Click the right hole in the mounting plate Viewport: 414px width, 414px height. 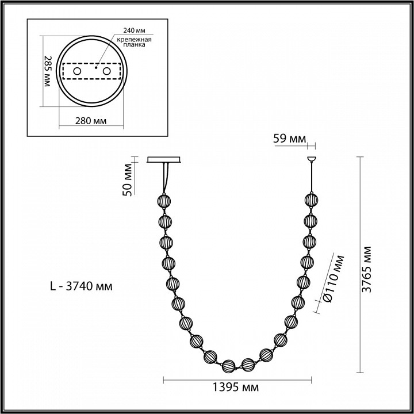106,71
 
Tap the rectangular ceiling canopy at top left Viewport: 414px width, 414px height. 165,160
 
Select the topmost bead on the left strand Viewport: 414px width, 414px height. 164,201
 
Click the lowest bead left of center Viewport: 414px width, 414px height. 229,365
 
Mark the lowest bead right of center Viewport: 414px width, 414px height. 248,364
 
